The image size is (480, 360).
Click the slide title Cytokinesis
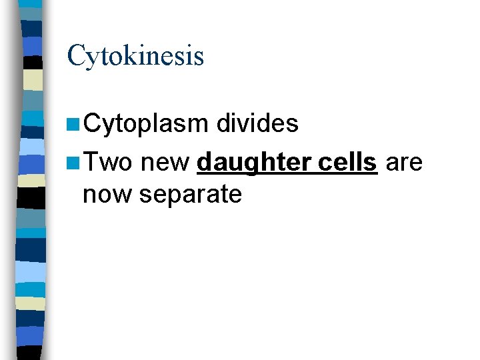pos(135,55)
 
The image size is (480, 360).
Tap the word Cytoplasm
pos(146,124)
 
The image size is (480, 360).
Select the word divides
pos(257,123)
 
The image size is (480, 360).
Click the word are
pos(404,161)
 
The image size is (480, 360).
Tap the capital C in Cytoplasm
pos(93,124)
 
